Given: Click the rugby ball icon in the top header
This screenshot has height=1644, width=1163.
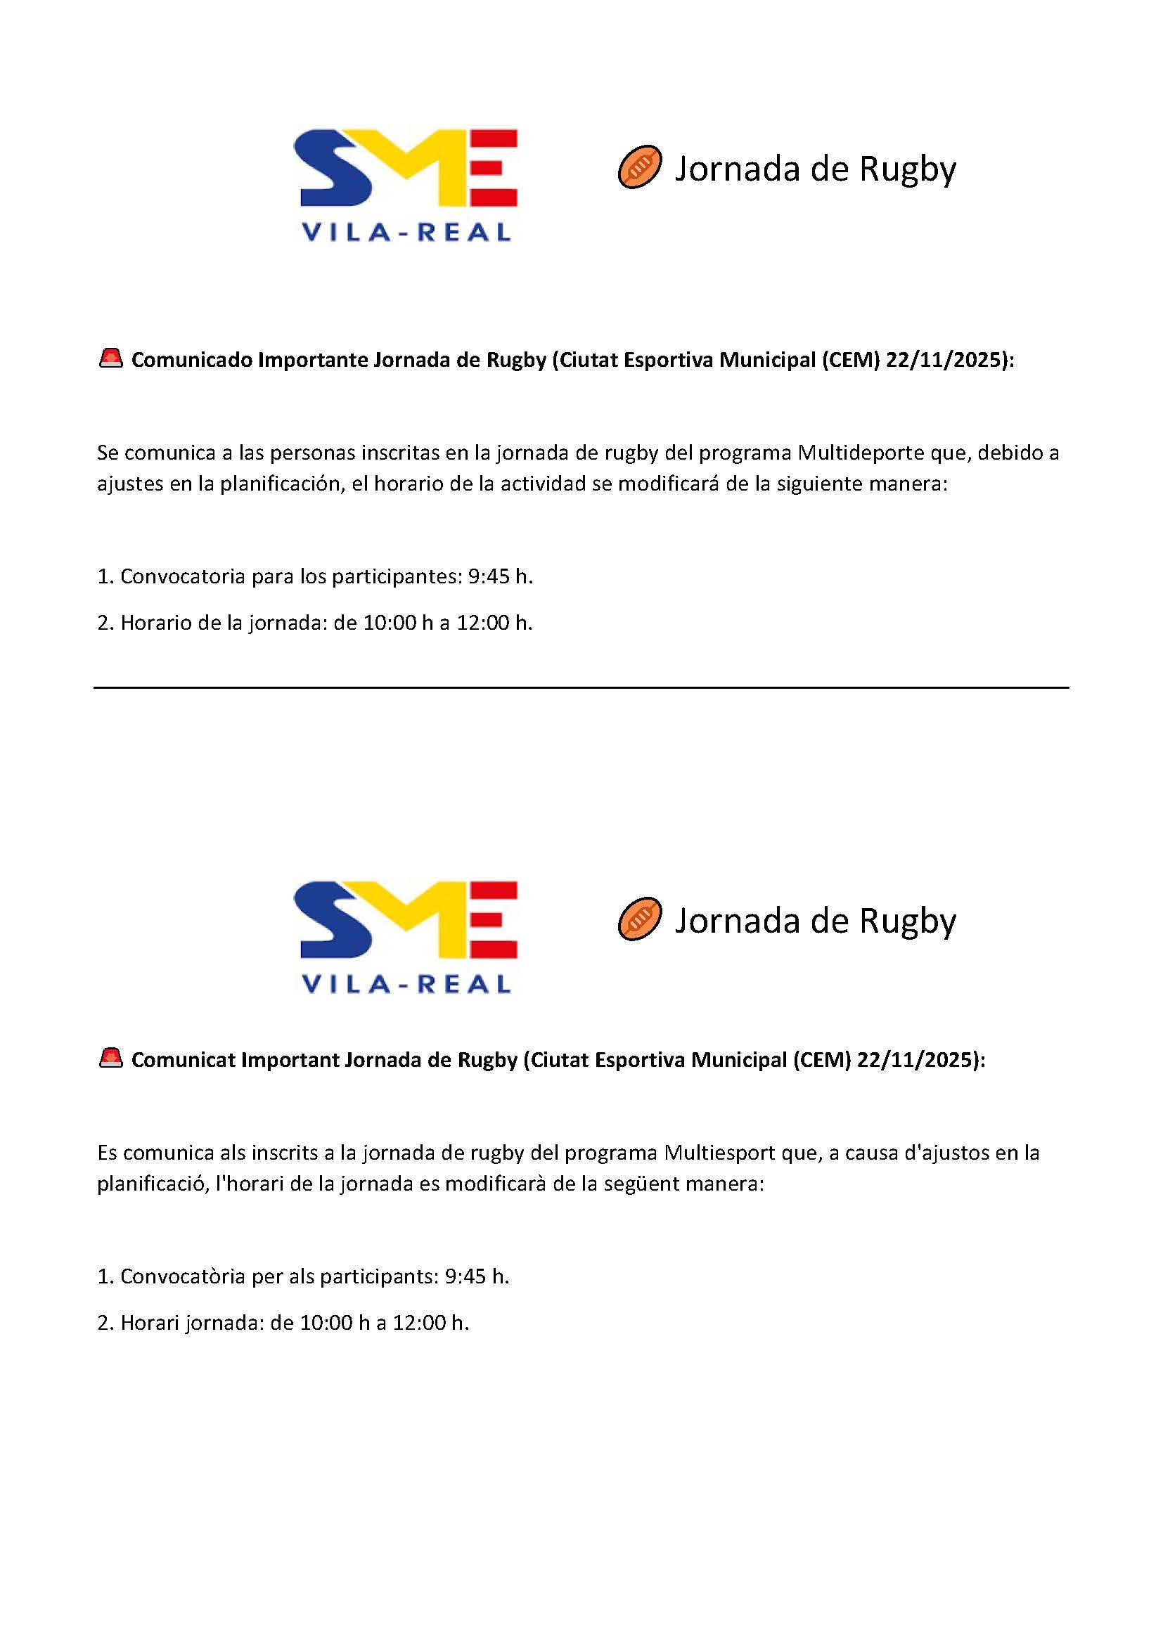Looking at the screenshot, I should tap(639, 167).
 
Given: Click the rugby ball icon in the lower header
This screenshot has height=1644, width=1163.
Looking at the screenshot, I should tap(639, 919).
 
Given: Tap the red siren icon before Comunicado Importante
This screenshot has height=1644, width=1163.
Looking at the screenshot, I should tap(111, 358).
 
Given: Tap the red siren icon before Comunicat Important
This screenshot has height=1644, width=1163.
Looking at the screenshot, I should tap(111, 1059).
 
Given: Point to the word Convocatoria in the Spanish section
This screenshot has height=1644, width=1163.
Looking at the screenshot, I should tap(183, 576).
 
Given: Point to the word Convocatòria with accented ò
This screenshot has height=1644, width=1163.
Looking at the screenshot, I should tap(183, 1276).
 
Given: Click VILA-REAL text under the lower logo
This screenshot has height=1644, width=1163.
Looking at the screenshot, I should tap(406, 985).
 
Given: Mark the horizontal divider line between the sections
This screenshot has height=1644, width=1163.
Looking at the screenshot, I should tap(581, 688).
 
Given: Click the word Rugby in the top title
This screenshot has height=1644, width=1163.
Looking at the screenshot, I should tap(907, 169).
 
